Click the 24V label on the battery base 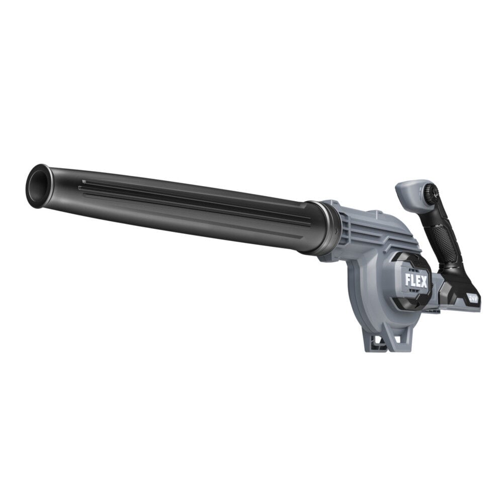(x=472, y=297)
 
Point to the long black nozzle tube (x=176, y=206)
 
